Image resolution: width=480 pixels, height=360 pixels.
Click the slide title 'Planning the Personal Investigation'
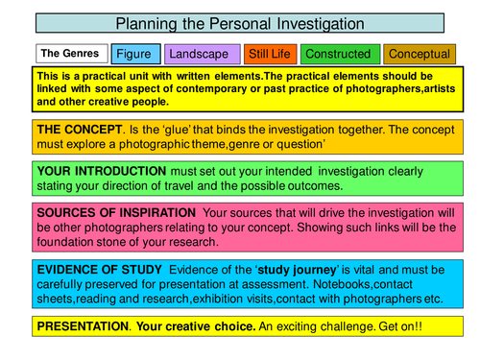pos(239,23)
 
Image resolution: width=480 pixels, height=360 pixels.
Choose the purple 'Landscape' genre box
pos(201,55)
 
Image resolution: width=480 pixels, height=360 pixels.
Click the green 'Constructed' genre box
pos(339,55)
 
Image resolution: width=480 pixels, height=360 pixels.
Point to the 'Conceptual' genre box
pos(419,55)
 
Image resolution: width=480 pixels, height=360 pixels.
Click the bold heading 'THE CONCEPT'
pos(81,128)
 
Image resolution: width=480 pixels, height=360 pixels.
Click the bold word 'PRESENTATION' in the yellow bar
pos(82,327)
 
